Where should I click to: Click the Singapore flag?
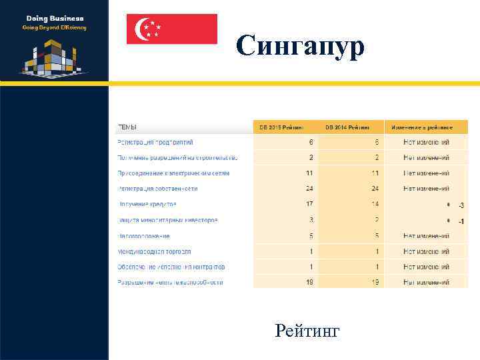tap(172, 29)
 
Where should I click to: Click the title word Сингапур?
tap(300, 46)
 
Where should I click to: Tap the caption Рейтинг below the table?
tap(307, 330)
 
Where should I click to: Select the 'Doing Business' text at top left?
tap(55, 19)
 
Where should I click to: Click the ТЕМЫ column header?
tap(128, 127)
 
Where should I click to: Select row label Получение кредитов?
tap(147, 204)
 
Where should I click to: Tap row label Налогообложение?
tap(143, 235)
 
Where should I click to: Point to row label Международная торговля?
tap(154, 251)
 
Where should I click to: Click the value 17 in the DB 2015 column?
tap(310, 204)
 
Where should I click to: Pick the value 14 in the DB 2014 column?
tap(376, 204)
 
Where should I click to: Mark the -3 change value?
tap(461, 205)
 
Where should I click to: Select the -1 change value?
tap(461, 221)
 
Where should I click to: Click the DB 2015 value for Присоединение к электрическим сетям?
tap(310, 173)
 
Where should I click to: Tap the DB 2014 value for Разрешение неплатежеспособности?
tap(376, 282)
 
